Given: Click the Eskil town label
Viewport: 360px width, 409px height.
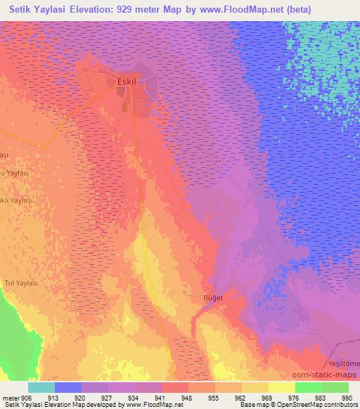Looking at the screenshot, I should point(127,82).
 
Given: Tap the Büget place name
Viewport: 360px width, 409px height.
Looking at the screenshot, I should point(213,298).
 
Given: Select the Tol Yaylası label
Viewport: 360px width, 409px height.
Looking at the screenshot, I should point(22,283).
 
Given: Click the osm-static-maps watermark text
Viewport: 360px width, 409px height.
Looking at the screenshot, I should point(323,375).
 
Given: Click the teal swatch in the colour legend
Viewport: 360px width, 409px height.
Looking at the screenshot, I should point(41,387).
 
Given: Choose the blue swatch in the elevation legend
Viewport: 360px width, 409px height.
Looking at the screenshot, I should point(68,387).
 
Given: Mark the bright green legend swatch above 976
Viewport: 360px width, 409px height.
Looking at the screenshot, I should point(308,387).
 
